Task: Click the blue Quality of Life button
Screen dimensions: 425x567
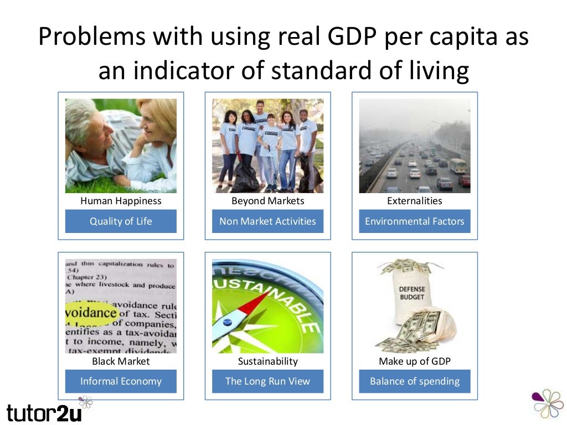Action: (x=121, y=221)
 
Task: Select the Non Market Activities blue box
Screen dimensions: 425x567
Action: (x=267, y=221)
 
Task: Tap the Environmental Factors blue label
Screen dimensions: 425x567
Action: (x=415, y=221)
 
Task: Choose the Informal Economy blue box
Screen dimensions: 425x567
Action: (x=121, y=381)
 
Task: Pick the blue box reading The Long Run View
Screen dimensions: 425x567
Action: (x=267, y=381)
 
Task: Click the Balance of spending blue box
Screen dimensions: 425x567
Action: (x=415, y=381)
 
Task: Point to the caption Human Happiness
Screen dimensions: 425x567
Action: (x=121, y=201)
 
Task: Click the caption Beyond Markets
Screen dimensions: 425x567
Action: (x=267, y=201)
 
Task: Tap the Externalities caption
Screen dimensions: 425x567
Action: (x=415, y=201)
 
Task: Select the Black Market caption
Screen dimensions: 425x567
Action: (x=121, y=361)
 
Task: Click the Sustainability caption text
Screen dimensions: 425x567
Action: (x=267, y=361)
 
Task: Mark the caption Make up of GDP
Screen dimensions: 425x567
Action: (x=415, y=361)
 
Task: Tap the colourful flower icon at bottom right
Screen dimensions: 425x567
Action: (x=547, y=403)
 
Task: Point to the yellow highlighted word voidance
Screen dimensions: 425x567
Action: (x=91, y=313)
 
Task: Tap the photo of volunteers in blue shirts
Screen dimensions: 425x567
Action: (x=267, y=146)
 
